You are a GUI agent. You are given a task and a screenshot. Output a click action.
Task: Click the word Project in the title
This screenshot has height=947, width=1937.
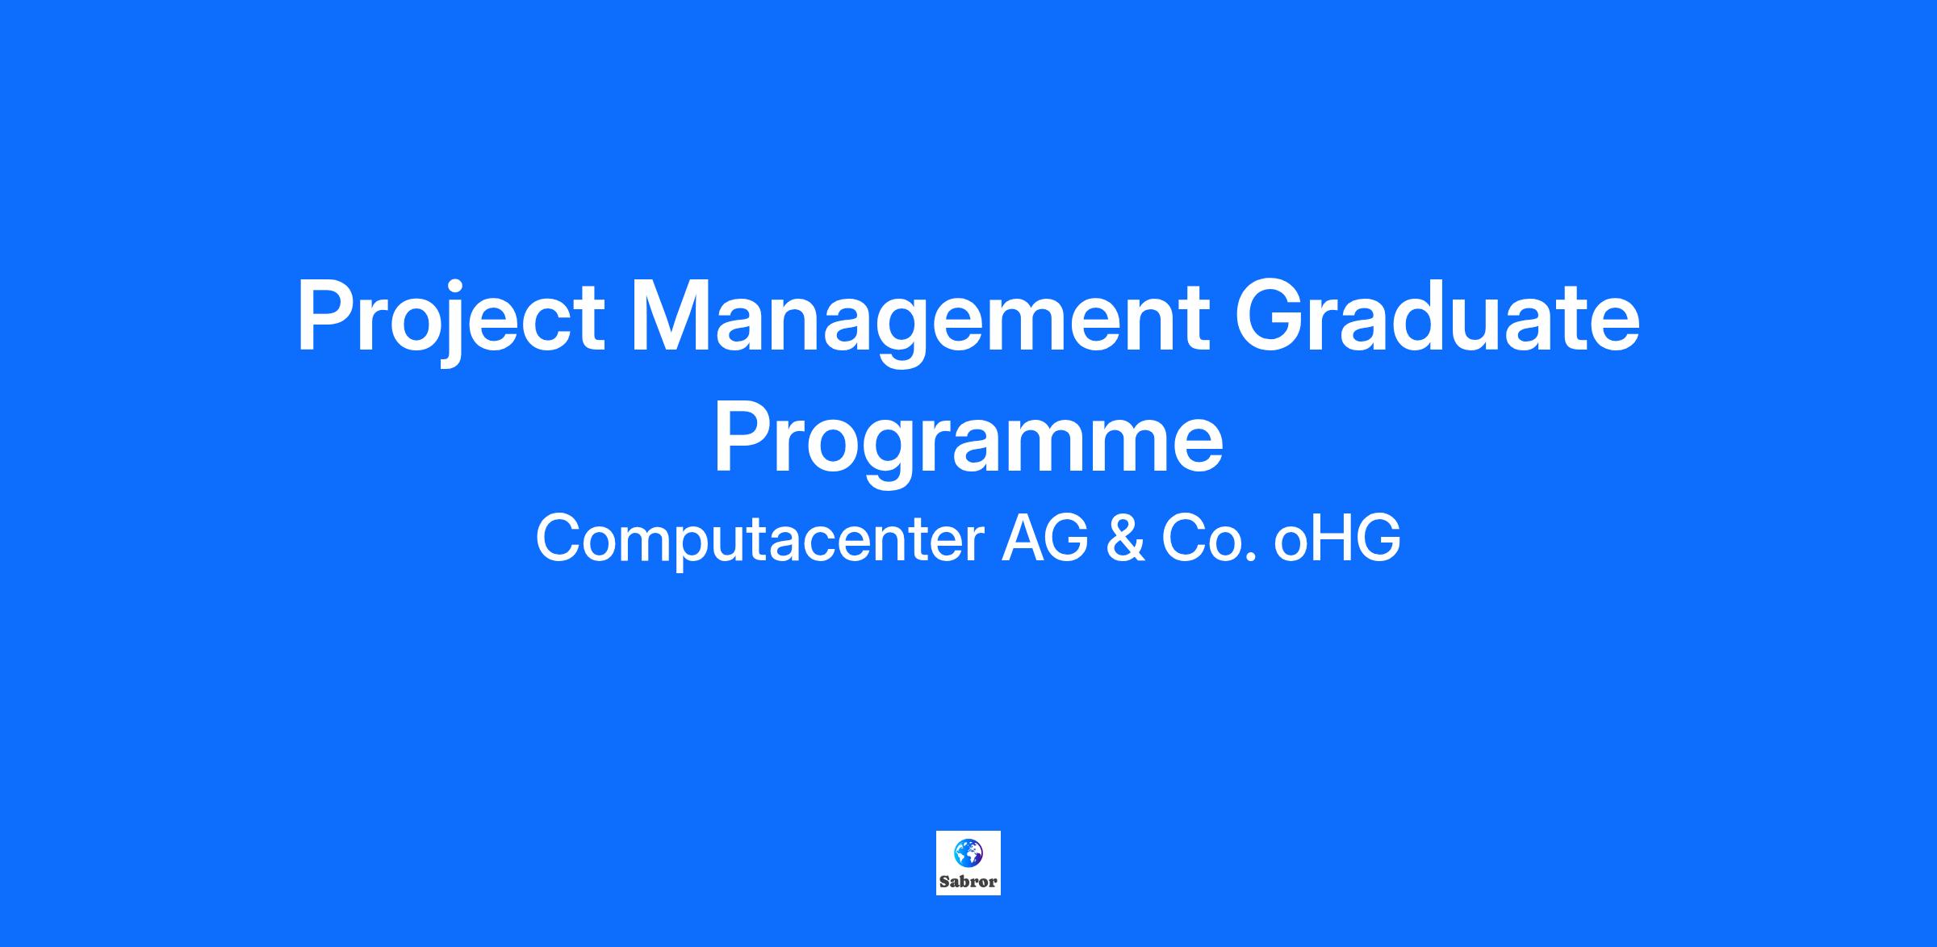click(x=450, y=321)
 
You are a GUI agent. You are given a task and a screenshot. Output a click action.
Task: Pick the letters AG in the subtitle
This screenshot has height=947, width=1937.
click(x=1045, y=538)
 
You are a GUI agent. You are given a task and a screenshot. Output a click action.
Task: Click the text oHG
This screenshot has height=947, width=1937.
click(x=1337, y=538)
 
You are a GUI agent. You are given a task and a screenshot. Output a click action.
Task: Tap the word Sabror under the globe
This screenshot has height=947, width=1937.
click(x=968, y=882)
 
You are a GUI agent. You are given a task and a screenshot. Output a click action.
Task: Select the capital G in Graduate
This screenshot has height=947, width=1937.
click(x=1271, y=316)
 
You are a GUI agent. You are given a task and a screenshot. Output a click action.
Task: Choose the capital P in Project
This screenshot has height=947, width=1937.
click(x=327, y=316)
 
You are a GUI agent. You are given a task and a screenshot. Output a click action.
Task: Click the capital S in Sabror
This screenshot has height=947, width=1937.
click(x=944, y=882)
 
